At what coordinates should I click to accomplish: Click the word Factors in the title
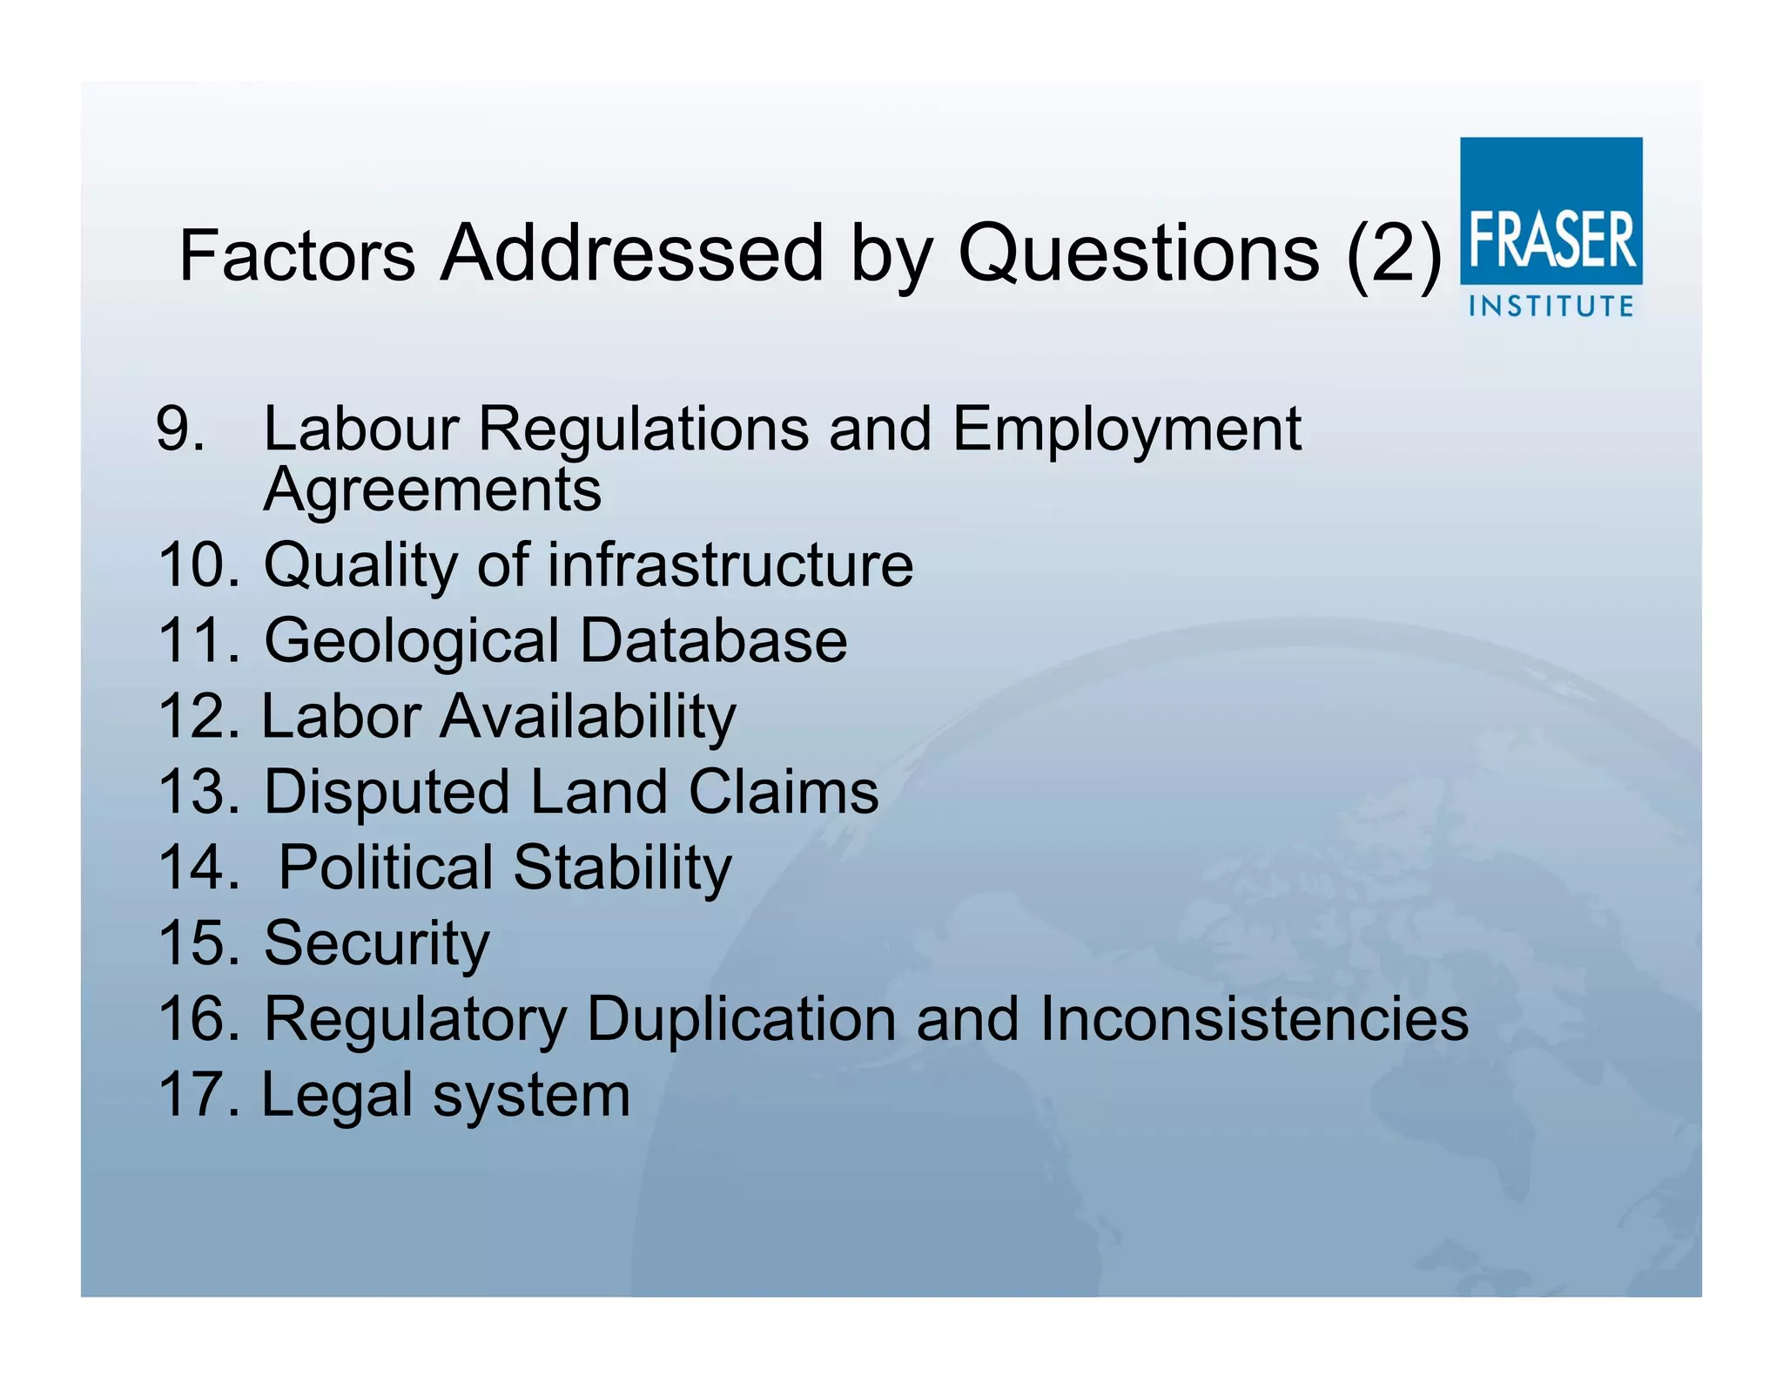297,255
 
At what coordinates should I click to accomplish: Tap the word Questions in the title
1139,253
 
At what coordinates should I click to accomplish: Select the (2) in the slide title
1393,253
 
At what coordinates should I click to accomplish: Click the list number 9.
180,429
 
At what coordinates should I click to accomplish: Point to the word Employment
1127,430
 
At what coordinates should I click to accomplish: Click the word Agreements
432,490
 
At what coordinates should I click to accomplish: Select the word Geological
412,642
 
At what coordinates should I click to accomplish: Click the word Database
713,641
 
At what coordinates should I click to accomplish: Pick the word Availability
588,717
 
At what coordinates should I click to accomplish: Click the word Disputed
387,793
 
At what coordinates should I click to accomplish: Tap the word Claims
784,792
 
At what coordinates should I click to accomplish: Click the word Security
376,944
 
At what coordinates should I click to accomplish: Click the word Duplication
741,1019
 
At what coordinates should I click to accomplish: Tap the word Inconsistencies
1254,1019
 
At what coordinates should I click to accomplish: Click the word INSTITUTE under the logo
1551,307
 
